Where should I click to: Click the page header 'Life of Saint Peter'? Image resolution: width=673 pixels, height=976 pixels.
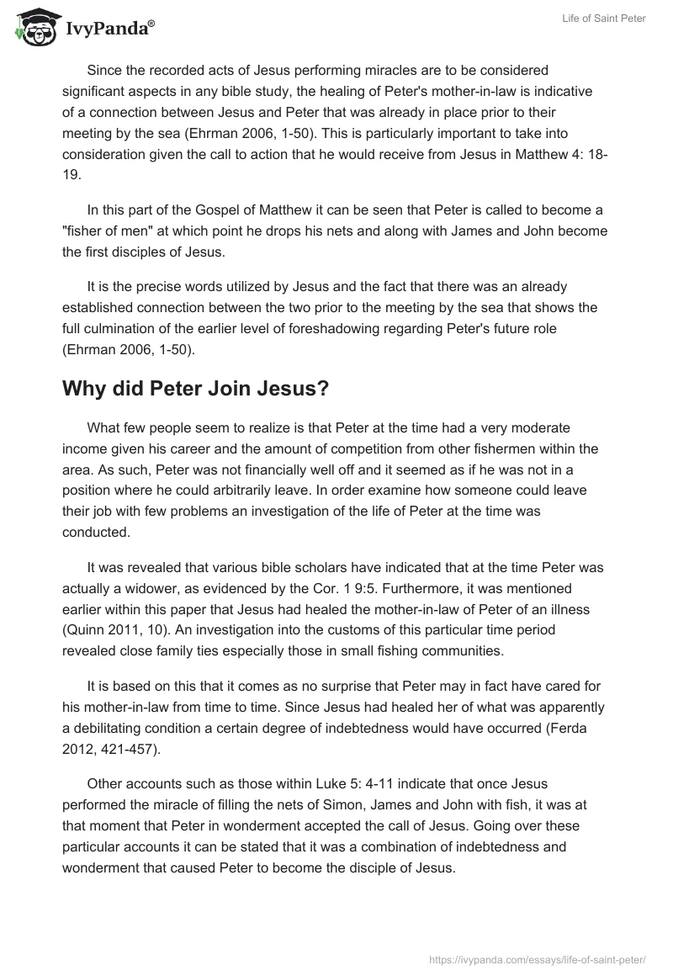tap(603, 19)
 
